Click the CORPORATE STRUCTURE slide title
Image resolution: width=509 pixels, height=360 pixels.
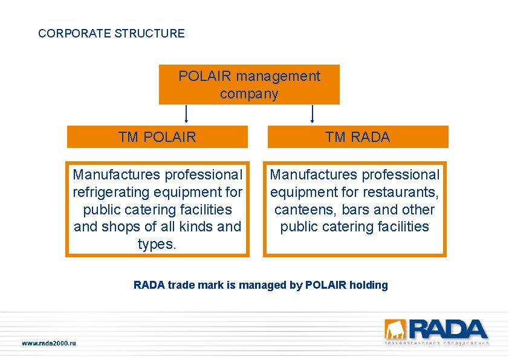111,33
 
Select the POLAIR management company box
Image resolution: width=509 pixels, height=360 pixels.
249,85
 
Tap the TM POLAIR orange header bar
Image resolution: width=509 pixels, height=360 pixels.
157,137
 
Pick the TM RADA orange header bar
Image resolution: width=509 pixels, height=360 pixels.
358,137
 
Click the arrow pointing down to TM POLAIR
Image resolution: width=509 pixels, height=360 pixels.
186,114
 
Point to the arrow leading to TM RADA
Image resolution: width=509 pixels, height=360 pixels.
313,114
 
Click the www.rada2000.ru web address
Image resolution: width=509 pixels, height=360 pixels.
49,343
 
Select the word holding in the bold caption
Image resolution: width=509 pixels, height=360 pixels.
368,285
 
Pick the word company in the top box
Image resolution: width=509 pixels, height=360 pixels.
249,94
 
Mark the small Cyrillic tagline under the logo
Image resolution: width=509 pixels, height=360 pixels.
436,343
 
